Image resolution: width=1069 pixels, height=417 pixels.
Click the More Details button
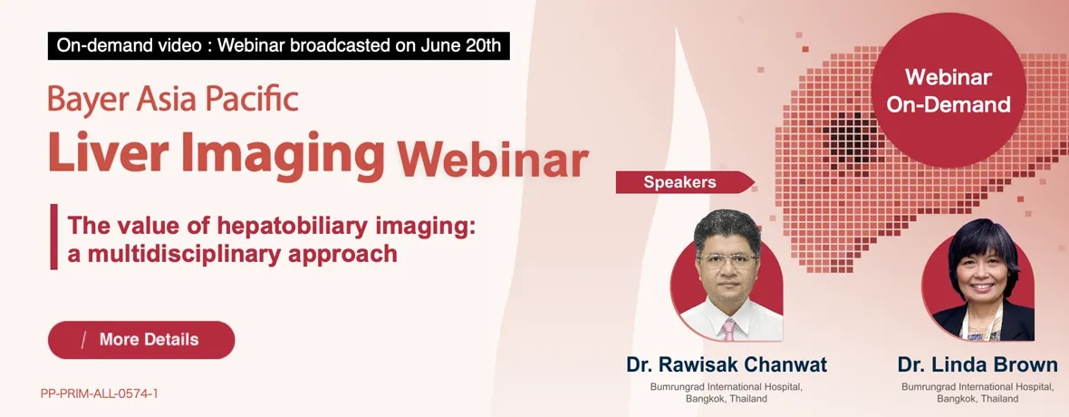coord(141,340)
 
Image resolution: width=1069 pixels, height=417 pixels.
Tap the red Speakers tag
coord(685,182)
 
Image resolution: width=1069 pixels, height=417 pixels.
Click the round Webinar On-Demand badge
coord(949,90)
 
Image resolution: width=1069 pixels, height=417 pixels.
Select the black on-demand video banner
coord(279,45)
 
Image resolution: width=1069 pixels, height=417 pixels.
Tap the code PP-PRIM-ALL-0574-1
coord(100,393)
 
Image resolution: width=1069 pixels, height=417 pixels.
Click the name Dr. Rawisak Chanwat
coord(727,364)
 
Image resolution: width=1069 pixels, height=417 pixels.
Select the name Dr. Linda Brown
coord(978,364)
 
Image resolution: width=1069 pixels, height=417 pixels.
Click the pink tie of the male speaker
coord(728,330)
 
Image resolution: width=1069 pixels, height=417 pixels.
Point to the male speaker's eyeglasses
coord(727,260)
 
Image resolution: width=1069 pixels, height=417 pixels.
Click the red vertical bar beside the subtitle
coord(53,237)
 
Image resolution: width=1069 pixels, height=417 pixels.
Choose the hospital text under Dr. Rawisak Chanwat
coord(727,393)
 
